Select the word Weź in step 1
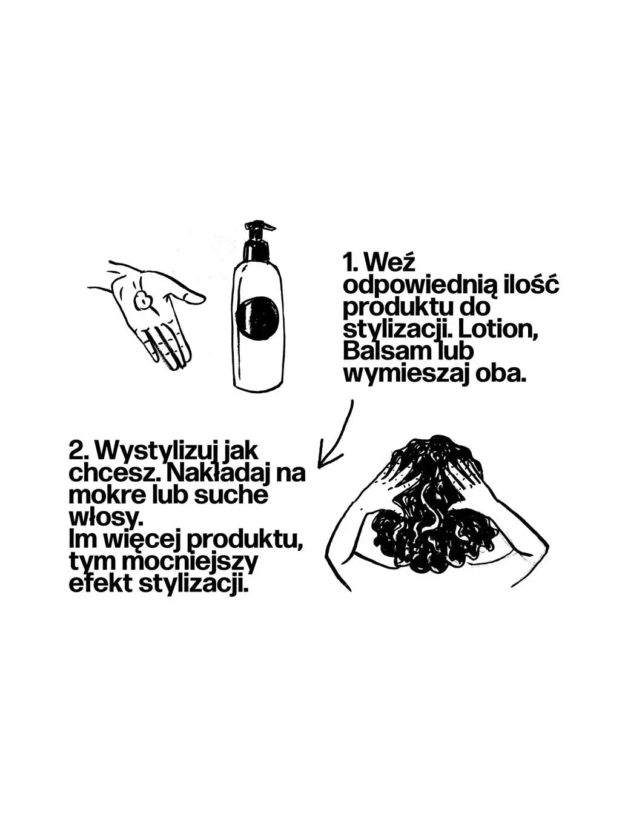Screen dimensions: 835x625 point(391,264)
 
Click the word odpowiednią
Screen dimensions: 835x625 point(419,286)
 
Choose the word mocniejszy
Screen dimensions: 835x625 point(190,562)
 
